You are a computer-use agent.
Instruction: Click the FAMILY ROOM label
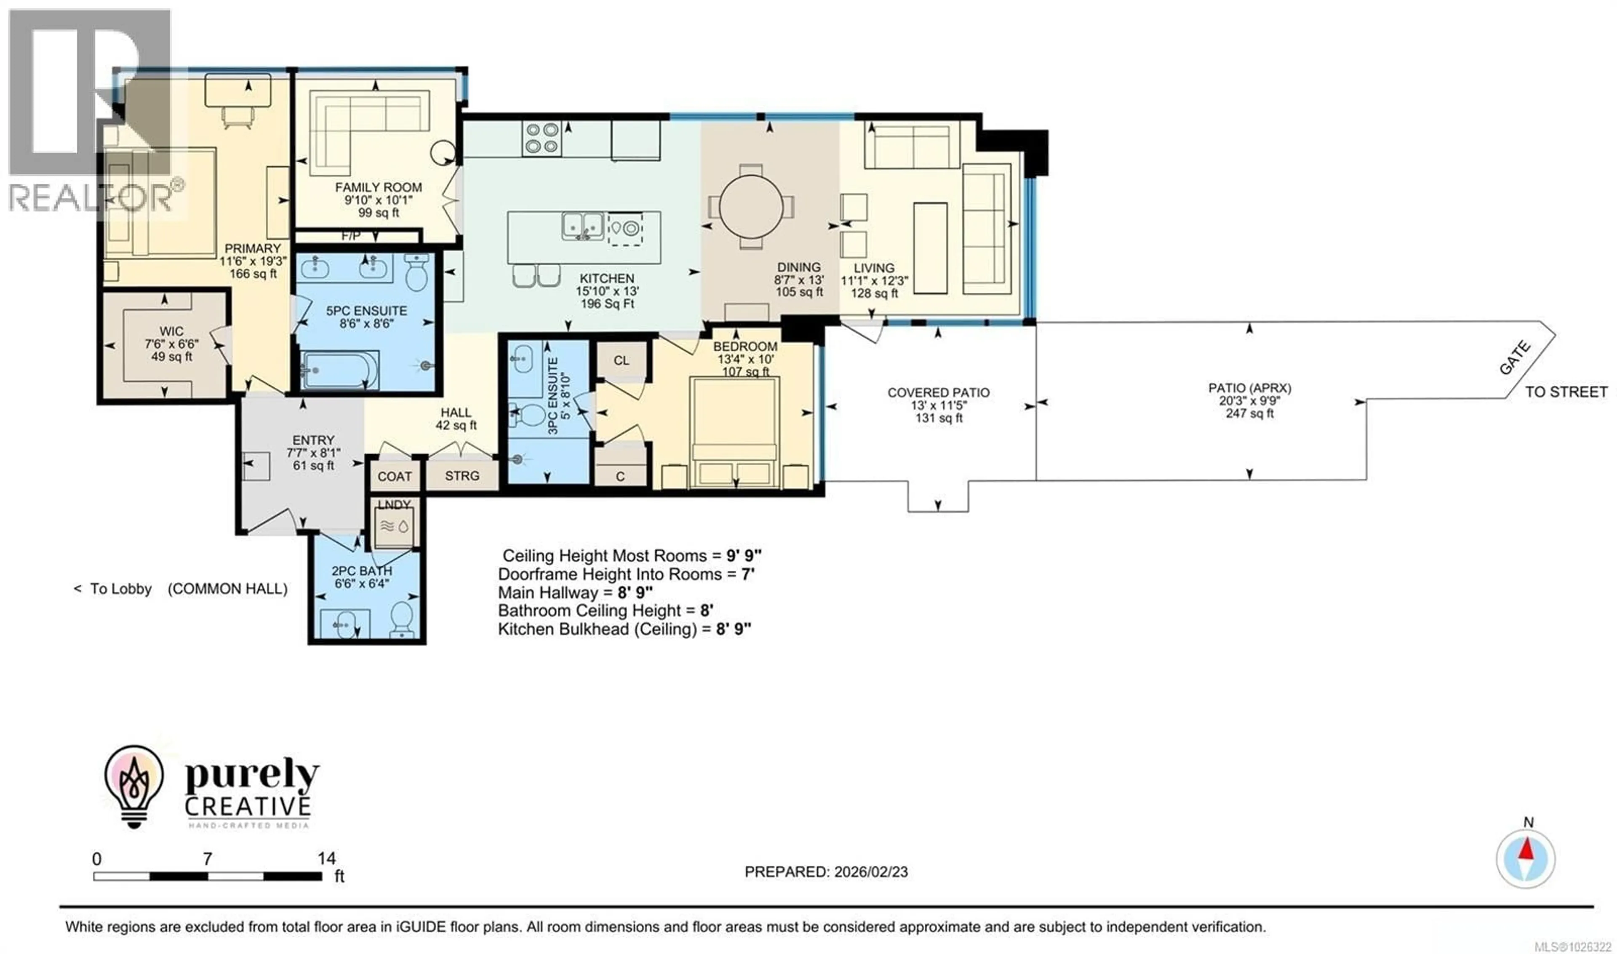(x=378, y=188)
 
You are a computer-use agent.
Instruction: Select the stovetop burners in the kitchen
(x=542, y=138)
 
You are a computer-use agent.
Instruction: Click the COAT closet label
(x=394, y=476)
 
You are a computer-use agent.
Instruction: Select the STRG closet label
(x=462, y=476)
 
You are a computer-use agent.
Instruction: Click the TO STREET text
(x=1566, y=392)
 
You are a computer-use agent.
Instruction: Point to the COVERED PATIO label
(x=938, y=392)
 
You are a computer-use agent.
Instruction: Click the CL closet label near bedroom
(x=620, y=360)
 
